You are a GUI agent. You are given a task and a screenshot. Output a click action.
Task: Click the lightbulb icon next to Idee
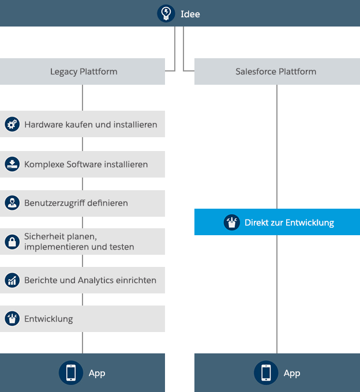[x=166, y=13]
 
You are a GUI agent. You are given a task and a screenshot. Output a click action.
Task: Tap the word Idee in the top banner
[x=190, y=14]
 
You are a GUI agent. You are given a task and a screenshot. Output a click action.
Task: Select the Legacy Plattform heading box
[x=82, y=71]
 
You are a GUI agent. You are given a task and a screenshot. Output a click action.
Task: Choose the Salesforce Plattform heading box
[x=277, y=71]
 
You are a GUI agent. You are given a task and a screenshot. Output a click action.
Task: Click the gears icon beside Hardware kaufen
[x=12, y=124]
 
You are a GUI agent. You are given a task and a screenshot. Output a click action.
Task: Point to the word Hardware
[x=44, y=125]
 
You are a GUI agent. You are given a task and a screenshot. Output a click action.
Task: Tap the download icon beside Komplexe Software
[x=12, y=164]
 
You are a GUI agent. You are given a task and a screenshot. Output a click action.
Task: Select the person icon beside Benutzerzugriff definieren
[x=12, y=203]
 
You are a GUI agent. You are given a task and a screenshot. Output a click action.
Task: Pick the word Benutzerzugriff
[x=55, y=203]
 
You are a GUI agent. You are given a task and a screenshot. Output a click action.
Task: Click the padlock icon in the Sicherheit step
[x=12, y=242]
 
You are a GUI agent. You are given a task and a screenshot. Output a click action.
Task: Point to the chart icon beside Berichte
[x=12, y=280]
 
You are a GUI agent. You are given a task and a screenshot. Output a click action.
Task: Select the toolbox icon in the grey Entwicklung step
[x=12, y=319]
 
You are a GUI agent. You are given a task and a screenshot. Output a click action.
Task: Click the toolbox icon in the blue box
[x=232, y=223]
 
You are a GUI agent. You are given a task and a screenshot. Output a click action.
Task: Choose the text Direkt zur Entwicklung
[x=289, y=223]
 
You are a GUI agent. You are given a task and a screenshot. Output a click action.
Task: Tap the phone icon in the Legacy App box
[x=71, y=373]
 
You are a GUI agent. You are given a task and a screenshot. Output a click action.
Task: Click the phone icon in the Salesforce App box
[x=266, y=373]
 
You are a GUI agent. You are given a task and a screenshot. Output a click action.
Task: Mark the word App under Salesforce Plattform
[x=292, y=374]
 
